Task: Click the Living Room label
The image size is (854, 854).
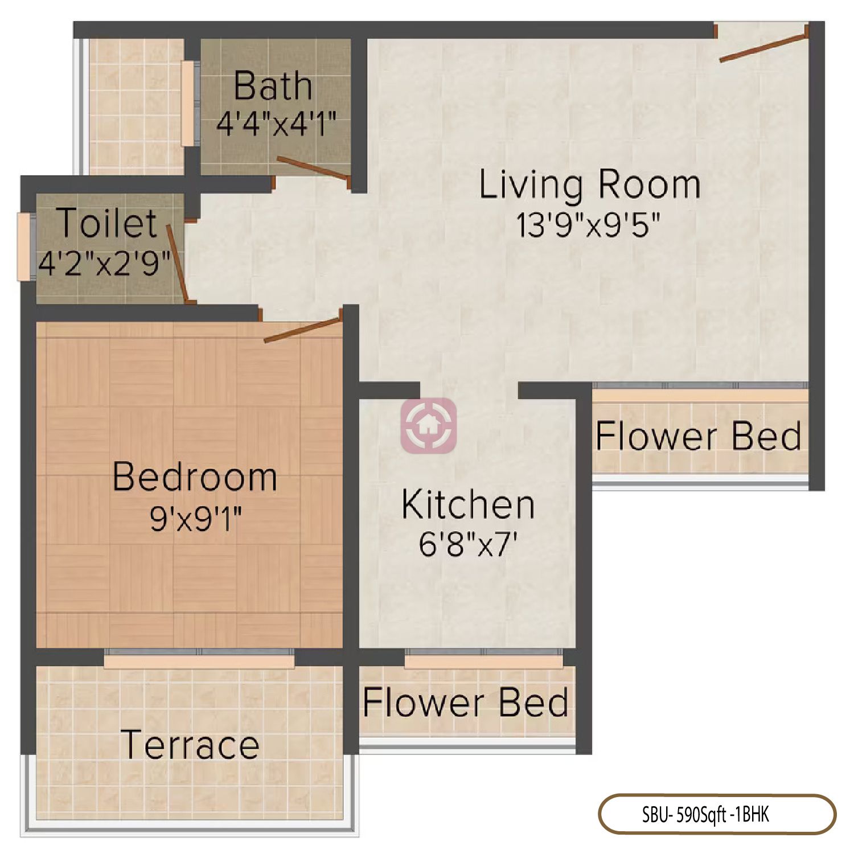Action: coord(589,185)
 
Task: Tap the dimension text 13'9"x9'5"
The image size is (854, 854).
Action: coord(588,225)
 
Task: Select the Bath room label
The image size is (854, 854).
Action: coord(273,86)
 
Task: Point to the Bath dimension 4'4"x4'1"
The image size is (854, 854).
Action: coord(276,124)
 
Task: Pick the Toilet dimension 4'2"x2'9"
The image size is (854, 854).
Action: coord(104,263)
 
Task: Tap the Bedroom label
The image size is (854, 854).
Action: coord(195,477)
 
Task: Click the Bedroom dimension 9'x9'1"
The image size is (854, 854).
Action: coord(195,518)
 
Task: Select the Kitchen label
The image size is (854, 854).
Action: coord(468,504)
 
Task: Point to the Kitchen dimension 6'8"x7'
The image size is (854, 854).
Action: coord(468,544)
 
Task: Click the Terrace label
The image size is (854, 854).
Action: coord(190,744)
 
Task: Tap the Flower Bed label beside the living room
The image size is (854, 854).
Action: coord(699,436)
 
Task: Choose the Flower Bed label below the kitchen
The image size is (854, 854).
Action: coord(466,702)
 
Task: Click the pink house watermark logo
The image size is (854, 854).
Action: coord(429,425)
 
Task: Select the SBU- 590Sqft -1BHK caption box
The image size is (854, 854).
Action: coord(717,815)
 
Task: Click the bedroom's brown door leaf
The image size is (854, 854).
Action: coord(302,330)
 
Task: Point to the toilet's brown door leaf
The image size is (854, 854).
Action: coord(177,262)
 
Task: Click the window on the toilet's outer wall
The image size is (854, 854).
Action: coord(23,247)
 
